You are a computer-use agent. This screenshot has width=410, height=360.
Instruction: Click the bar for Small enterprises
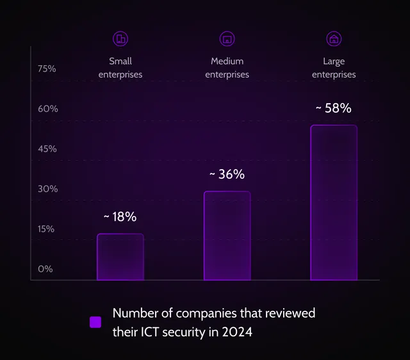pyautogui.click(x=120, y=257)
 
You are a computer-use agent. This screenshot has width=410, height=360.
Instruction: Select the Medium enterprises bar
pyautogui.click(x=227, y=236)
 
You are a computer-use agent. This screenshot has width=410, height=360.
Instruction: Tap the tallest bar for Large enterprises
pyautogui.click(x=334, y=202)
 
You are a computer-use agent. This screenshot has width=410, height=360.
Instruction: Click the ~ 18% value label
pyautogui.click(x=120, y=217)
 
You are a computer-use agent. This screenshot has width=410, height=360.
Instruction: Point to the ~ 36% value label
pyautogui.click(x=227, y=174)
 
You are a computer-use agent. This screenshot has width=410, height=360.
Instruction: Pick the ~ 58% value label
pyautogui.click(x=334, y=108)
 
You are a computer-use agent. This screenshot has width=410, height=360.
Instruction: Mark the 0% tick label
pyautogui.click(x=45, y=269)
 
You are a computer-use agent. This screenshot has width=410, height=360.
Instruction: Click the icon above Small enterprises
pyautogui.click(x=120, y=38)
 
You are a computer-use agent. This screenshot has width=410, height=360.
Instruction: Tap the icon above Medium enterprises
pyautogui.click(x=227, y=38)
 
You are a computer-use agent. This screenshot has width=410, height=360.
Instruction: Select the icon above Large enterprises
pyautogui.click(x=334, y=38)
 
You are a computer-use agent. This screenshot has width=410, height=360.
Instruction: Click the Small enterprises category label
pyautogui.click(x=120, y=68)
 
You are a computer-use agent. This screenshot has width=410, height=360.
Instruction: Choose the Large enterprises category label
pyautogui.click(x=334, y=68)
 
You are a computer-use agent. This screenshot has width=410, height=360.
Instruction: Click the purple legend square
pyautogui.click(x=95, y=322)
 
